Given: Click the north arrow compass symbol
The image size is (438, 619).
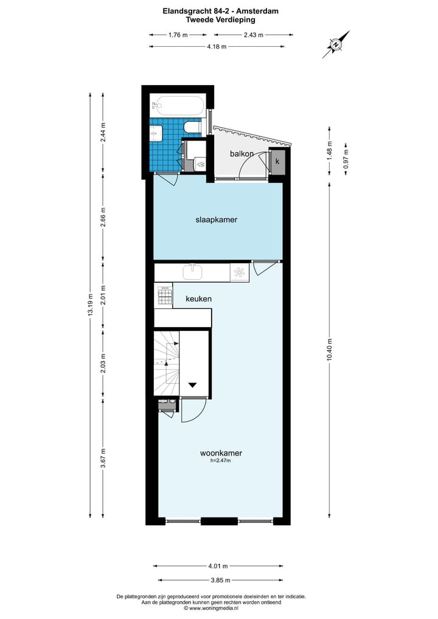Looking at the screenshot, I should click(336, 44).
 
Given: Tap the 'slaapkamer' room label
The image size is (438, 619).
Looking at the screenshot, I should click(216, 220).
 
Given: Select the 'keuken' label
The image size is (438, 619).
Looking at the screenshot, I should click(199, 299).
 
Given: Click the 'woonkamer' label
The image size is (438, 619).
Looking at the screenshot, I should click(221, 453).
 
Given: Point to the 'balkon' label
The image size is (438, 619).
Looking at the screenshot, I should click(242, 154).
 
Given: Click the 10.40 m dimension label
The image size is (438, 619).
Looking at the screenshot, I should click(329, 349).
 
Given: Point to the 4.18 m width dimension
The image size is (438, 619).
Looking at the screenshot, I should click(216, 46).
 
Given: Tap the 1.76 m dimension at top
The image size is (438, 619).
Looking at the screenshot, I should click(178, 35).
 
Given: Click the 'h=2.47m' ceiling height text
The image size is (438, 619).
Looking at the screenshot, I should click(221, 461).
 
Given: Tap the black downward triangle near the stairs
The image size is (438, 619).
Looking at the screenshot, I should click(193, 385).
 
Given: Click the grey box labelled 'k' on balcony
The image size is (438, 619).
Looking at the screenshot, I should click(277, 162).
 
